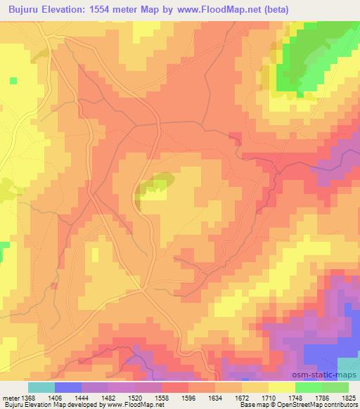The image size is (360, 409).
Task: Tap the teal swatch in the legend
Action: [x=41, y=387]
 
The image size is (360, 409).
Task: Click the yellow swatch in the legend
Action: [x=281, y=387]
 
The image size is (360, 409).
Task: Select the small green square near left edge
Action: [x=13, y=81]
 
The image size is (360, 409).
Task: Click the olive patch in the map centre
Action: [x=155, y=185]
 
